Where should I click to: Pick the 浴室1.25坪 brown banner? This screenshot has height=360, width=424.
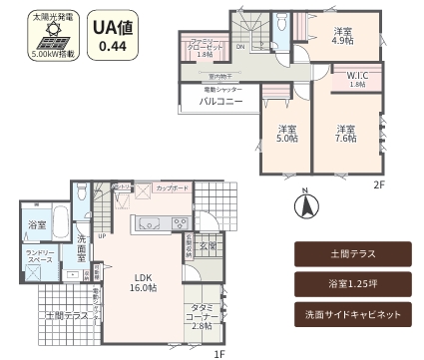tap(353, 284)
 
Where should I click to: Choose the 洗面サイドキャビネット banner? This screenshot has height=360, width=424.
tap(353, 313)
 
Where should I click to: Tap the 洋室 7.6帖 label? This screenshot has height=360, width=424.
tap(345, 135)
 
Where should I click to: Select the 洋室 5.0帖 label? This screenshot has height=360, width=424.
tap(287, 135)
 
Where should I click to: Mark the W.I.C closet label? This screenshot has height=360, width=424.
tap(356, 80)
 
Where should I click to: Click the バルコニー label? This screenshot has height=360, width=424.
tap(220, 102)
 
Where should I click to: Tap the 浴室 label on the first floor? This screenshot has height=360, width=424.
tap(37, 226)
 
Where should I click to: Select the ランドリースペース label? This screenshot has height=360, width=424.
tap(40, 257)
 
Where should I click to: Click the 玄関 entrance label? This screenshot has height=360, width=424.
tap(207, 245)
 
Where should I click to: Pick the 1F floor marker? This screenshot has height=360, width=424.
tap(218, 352)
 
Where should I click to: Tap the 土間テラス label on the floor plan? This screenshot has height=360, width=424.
tap(63, 315)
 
